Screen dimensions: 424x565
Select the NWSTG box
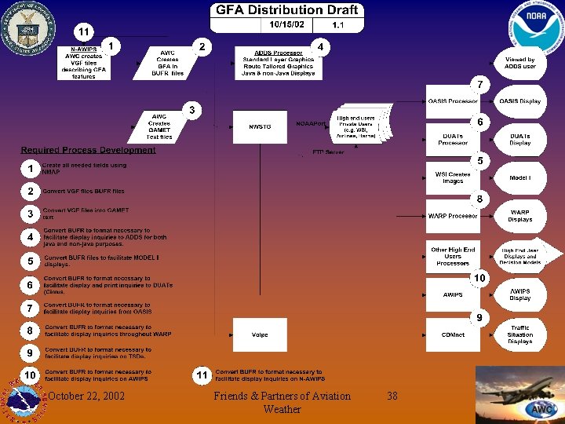point(260,126)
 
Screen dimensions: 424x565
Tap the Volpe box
point(260,334)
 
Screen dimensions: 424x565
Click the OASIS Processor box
point(453,101)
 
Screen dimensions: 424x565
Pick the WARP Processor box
point(453,215)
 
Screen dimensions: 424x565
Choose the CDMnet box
point(453,334)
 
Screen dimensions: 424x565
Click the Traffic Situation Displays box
point(519,334)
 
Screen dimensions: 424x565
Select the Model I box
point(519,177)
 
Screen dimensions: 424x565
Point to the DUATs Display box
point(519,139)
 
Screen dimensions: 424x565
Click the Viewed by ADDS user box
point(519,63)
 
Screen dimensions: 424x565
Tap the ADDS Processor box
point(278,62)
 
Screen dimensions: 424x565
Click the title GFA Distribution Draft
point(286,10)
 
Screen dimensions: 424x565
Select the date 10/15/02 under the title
point(286,25)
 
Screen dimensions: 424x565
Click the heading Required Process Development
point(88,150)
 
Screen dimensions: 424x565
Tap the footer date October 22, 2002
point(86,397)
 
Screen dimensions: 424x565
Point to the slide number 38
point(392,397)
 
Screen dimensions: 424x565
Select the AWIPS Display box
point(519,294)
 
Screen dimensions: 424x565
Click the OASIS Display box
point(519,101)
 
